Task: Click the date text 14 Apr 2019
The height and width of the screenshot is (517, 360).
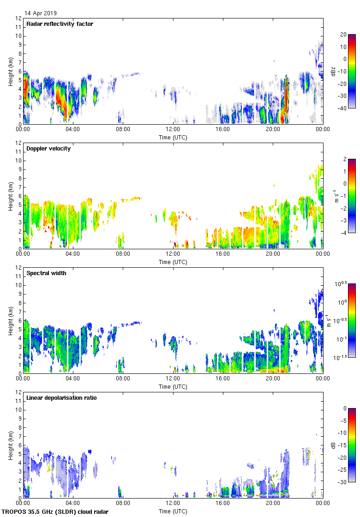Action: tap(41, 13)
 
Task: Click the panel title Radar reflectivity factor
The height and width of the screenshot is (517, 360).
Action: tap(60, 24)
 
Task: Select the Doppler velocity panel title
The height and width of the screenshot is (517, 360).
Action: tap(48, 148)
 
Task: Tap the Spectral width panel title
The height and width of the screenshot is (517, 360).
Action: tap(46, 273)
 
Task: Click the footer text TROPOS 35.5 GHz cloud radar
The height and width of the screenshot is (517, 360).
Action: tap(55, 511)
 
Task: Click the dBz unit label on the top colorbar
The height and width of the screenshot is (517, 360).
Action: tap(333, 71)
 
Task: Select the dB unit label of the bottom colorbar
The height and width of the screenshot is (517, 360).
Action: tap(333, 445)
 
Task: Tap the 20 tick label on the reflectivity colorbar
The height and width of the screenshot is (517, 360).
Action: tap(343, 35)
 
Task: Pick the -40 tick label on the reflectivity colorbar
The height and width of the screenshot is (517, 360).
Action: tap(343, 108)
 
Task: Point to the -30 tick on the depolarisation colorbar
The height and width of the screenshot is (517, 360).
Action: tap(343, 482)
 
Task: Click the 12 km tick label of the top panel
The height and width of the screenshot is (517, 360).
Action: tap(18, 18)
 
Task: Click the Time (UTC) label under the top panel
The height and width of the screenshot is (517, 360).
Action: tap(173, 137)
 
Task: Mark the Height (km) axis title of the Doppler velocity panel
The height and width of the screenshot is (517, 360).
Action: tap(10, 196)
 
